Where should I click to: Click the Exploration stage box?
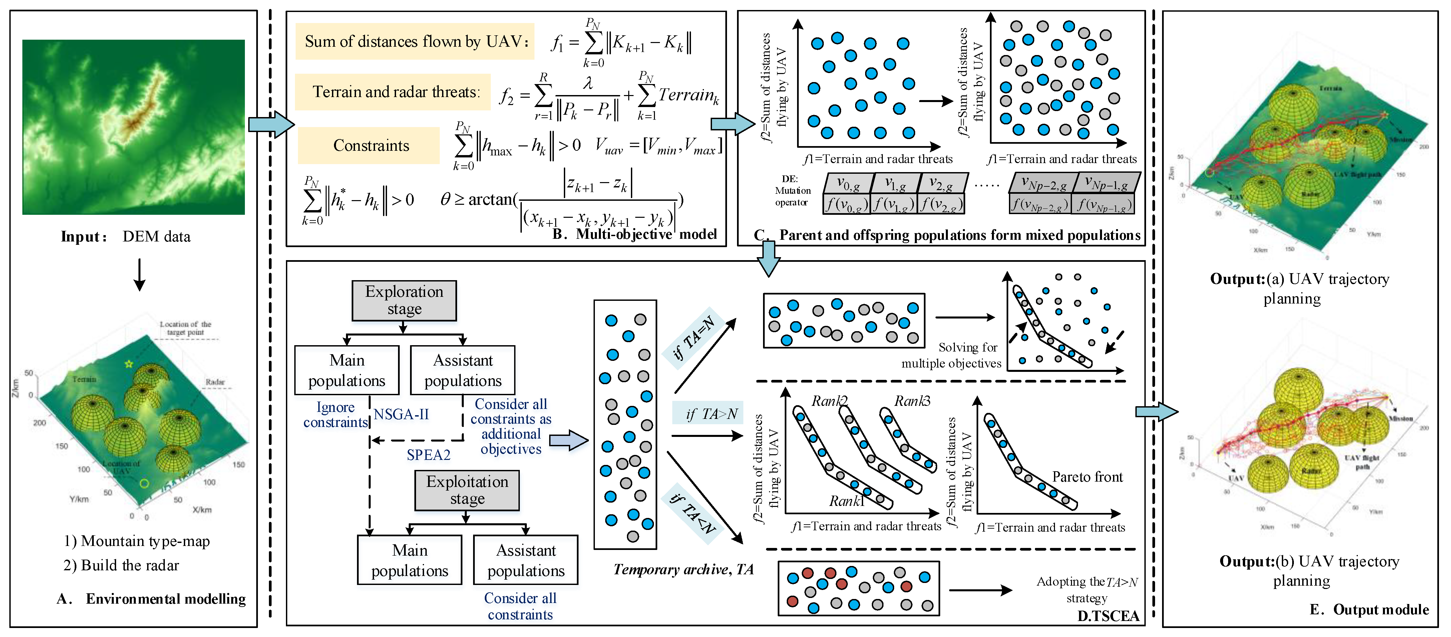coord(404,300)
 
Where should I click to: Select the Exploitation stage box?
coord(467,490)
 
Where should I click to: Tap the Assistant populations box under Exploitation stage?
coord(525,560)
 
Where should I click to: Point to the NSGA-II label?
coord(401,415)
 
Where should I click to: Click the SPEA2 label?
coord(429,455)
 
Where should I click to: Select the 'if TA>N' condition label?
coord(711,414)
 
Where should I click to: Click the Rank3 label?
coord(912,401)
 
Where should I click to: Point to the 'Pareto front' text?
coord(1087,477)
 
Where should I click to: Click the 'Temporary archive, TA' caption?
coord(683,569)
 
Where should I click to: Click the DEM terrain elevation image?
coord(133,127)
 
